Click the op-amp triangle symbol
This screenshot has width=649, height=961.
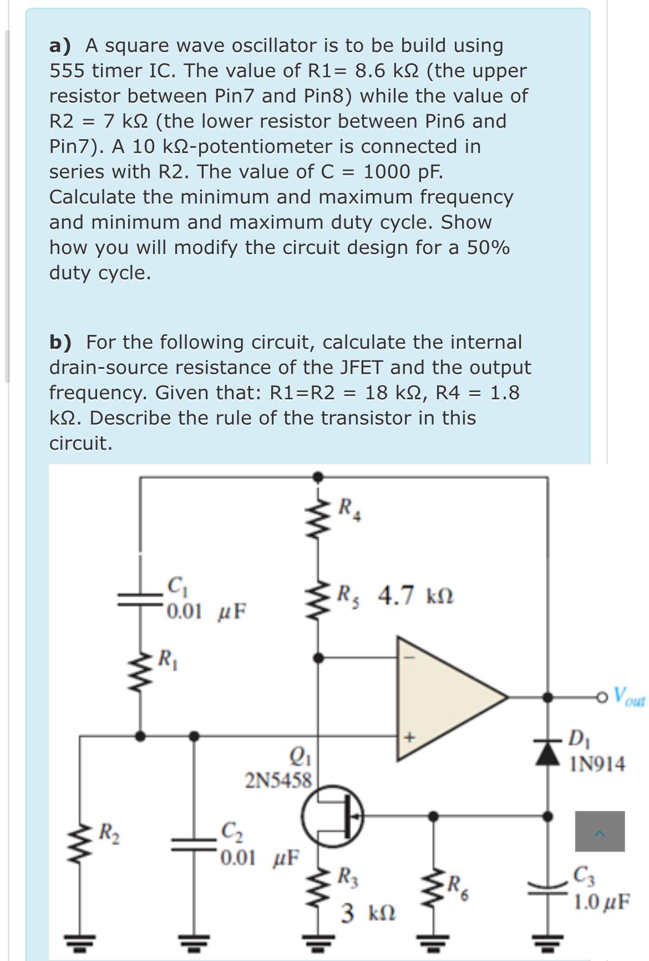pyautogui.click(x=444, y=696)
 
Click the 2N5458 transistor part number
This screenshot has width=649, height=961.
pyautogui.click(x=279, y=781)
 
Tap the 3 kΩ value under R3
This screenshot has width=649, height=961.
pyautogui.click(x=368, y=912)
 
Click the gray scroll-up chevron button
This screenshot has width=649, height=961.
pyautogui.click(x=600, y=831)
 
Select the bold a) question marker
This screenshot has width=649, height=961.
pyautogui.click(x=60, y=45)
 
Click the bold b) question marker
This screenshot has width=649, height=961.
pyautogui.click(x=60, y=342)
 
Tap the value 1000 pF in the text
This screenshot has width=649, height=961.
pyautogui.click(x=403, y=172)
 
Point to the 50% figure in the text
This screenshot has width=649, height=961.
pyautogui.click(x=488, y=247)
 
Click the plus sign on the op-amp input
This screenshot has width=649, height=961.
pyautogui.click(x=410, y=738)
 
